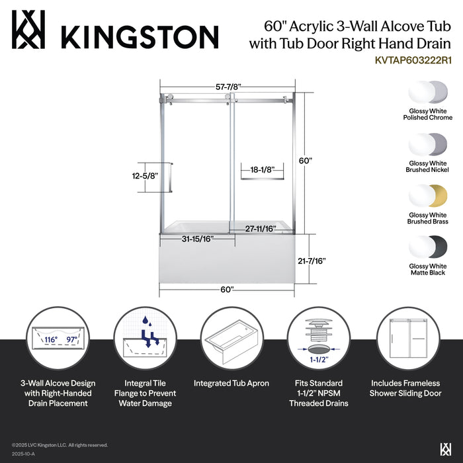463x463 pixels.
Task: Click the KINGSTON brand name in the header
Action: [x=140, y=35]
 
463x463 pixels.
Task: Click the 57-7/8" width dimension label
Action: [x=228, y=87]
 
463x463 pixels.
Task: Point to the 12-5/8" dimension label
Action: [x=144, y=177]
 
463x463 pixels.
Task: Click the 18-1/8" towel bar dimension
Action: [x=259, y=169]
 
